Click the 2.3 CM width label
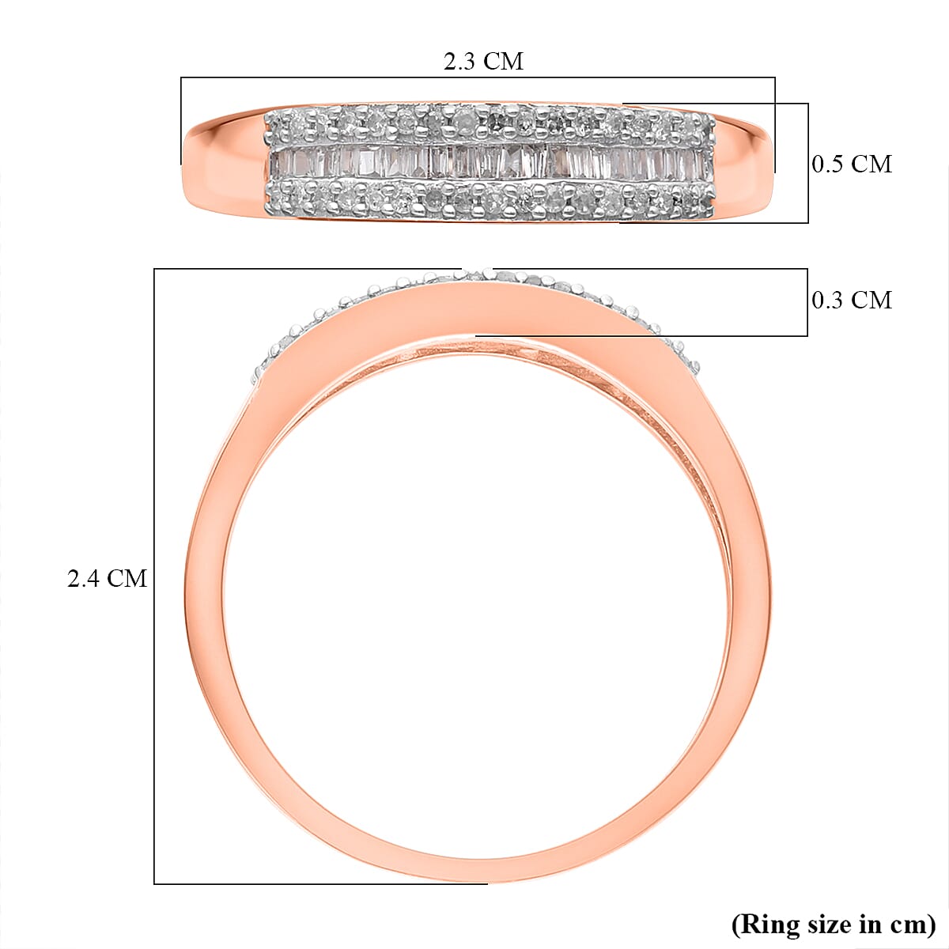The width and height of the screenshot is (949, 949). pos(483,61)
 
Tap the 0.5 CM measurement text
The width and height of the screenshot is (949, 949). pos(852,164)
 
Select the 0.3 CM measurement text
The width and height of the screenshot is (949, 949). pos(852,300)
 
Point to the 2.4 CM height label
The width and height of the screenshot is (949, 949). pos(107,579)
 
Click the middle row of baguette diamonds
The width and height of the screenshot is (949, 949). pos(490,162)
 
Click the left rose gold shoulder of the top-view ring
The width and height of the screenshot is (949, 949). pos(225,162)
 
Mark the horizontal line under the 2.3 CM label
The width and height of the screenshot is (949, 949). pos(478,78)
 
